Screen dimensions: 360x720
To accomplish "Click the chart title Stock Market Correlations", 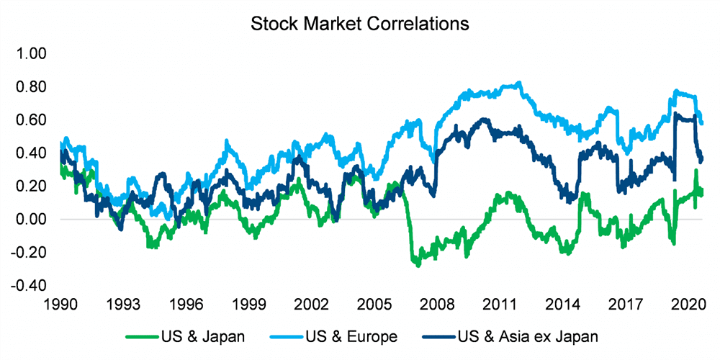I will (359, 23).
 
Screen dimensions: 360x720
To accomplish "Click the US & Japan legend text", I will (204, 336).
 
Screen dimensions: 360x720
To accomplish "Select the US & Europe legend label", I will (352, 336).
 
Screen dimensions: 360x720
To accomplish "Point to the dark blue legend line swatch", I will (440, 336).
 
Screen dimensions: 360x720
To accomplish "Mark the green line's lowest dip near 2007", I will (417, 264).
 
